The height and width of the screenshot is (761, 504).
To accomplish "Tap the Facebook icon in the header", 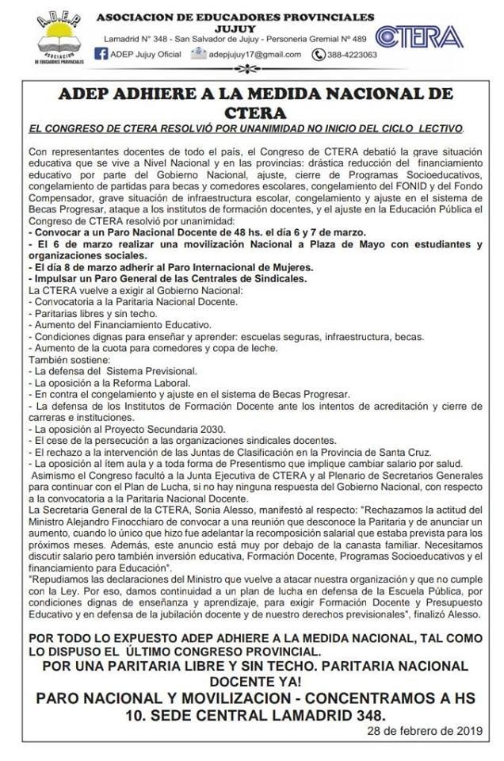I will pos(101,54).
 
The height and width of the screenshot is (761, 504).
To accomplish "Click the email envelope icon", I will pos(197,54).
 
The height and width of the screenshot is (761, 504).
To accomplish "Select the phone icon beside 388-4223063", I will pos(319,55).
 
